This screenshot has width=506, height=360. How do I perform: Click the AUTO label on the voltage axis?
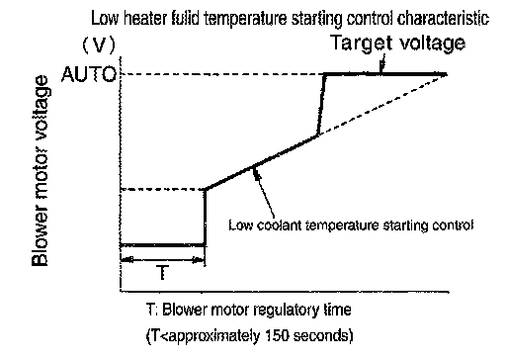(89, 74)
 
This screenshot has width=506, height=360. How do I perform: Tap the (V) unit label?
(99, 45)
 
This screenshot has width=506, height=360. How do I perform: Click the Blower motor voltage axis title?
(41, 171)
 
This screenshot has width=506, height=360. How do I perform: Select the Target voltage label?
(397, 44)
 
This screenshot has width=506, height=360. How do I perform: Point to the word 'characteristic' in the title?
(443, 19)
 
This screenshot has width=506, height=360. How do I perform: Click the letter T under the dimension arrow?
(162, 273)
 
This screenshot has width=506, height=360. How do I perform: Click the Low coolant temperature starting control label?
(351, 225)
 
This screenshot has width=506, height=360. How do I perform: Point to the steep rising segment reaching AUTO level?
(321, 105)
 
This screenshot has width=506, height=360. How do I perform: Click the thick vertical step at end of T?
(205, 218)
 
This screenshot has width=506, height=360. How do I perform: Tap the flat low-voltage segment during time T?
(163, 245)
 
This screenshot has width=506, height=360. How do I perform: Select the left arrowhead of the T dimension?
(126, 260)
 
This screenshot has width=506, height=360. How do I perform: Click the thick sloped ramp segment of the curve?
(261, 163)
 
